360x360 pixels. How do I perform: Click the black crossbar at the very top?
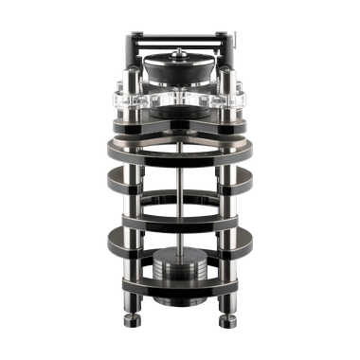pyautogui.click(x=180, y=38)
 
